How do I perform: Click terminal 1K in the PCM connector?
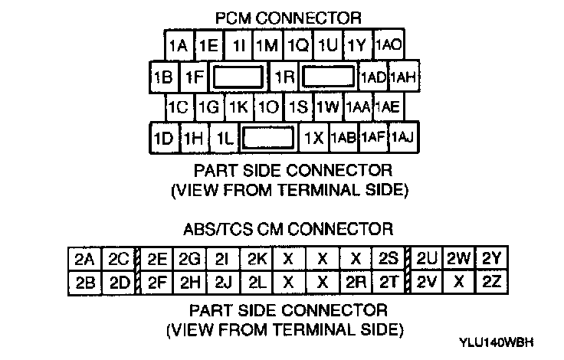click(x=238, y=106)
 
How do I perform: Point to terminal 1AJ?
click(x=402, y=138)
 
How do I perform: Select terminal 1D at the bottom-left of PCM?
click(x=163, y=138)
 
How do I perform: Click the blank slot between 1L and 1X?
click(x=267, y=138)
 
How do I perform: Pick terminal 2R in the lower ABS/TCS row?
click(x=354, y=281)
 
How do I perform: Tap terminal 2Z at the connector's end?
click(x=492, y=281)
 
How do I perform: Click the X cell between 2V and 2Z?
click(x=459, y=281)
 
